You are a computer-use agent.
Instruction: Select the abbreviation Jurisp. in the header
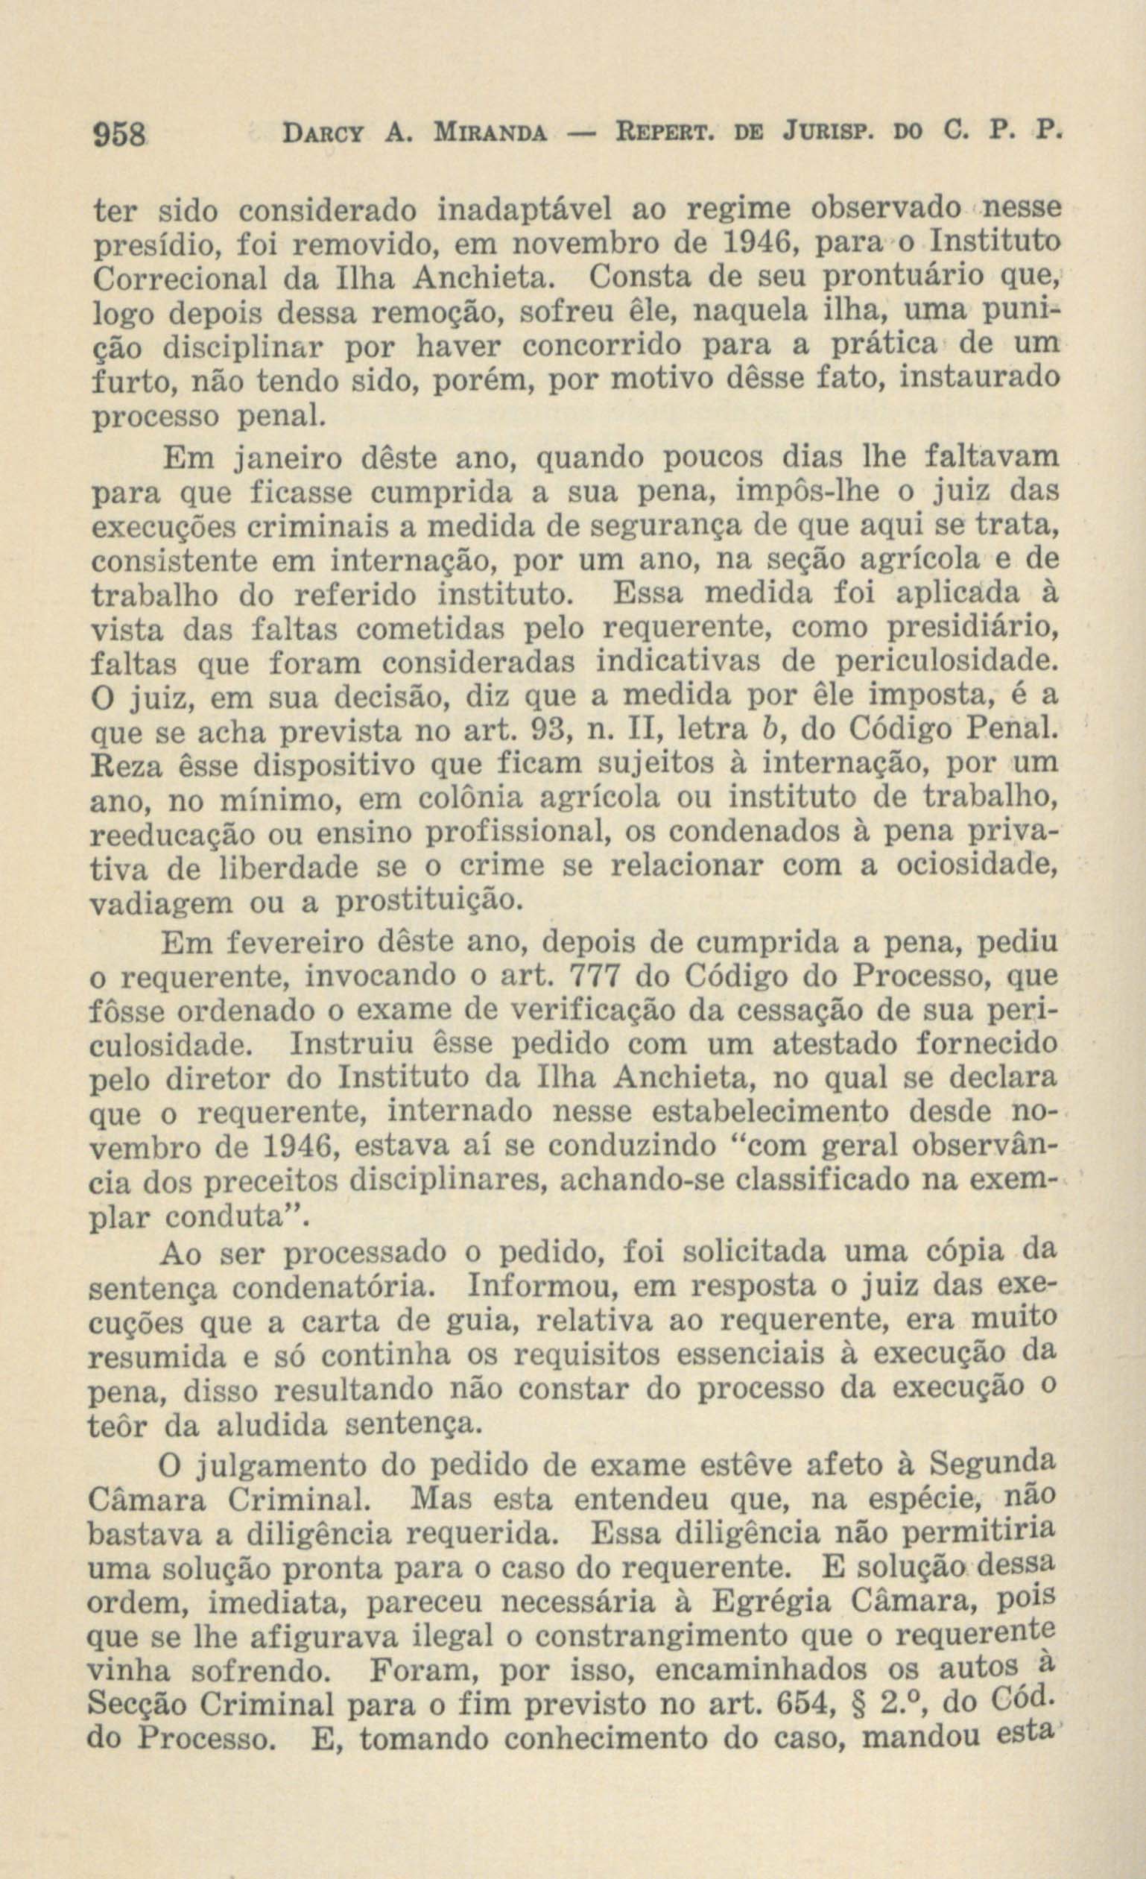[827, 135]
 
